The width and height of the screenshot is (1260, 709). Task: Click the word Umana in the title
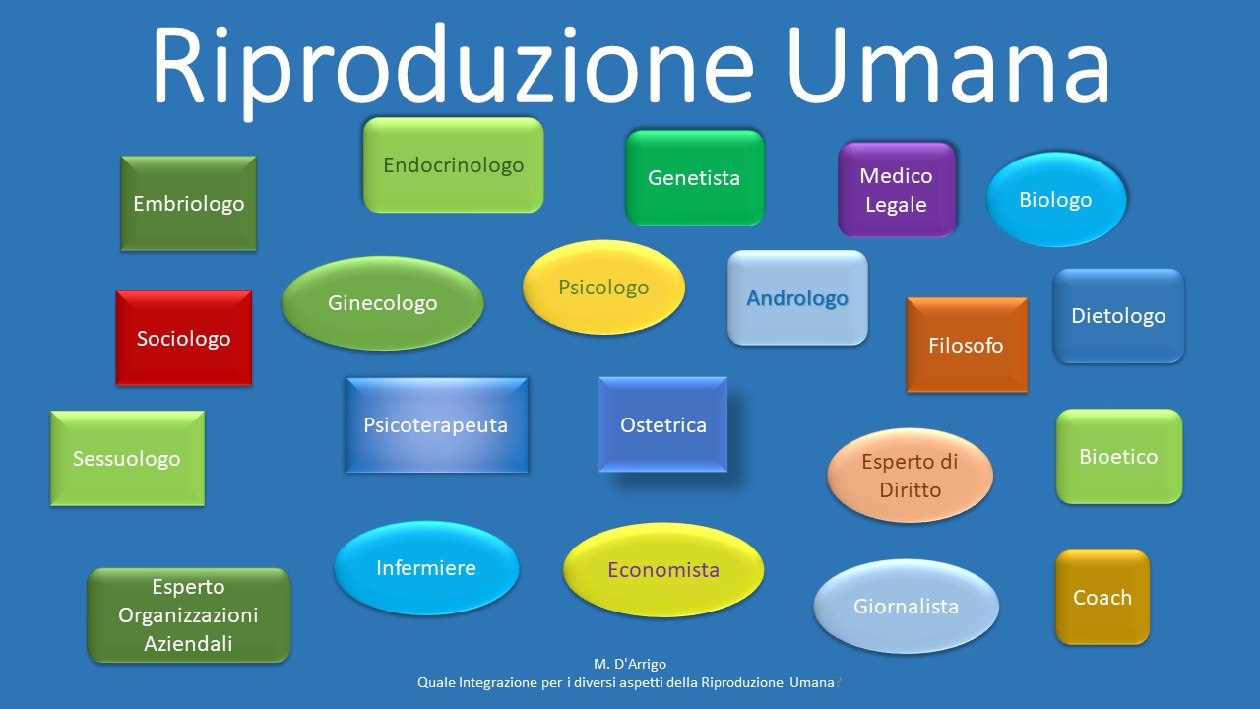point(948,65)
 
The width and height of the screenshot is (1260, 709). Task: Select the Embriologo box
point(188,203)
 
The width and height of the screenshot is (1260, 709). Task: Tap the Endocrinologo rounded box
point(454,164)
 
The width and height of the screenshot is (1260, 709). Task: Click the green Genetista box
point(695,178)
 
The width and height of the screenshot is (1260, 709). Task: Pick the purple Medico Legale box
point(897,190)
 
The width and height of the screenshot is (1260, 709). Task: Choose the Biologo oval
point(1056,199)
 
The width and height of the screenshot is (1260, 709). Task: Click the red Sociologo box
point(184,338)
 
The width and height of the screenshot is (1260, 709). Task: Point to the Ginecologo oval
point(383,303)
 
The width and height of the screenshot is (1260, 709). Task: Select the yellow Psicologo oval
point(603,288)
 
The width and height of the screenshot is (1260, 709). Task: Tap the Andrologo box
point(797,297)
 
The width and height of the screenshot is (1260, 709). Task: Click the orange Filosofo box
point(967,345)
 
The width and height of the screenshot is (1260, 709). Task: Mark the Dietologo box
point(1118,316)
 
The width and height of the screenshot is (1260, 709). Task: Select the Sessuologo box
point(127,459)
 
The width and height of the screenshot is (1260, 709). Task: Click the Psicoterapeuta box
point(436,425)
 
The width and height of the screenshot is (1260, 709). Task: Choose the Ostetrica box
point(662,424)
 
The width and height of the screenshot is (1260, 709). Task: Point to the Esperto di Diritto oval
point(910,476)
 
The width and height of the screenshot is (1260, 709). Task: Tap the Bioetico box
point(1119,456)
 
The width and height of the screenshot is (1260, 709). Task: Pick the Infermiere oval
point(426,568)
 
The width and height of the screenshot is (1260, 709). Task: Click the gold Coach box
point(1102,597)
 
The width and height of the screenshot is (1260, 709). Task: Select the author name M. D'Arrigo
point(629,664)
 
